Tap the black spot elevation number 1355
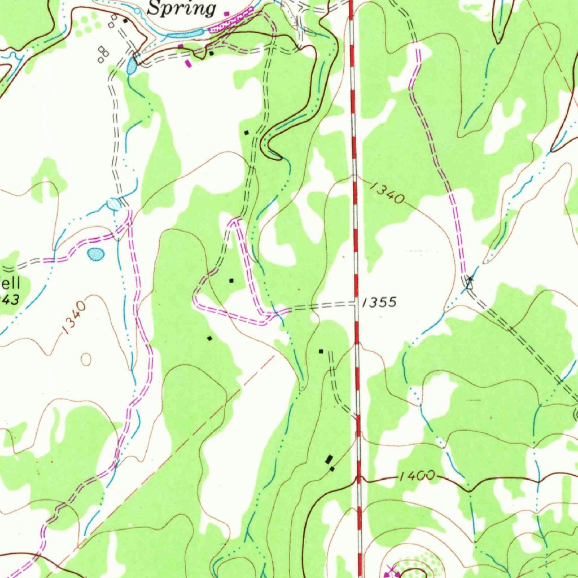click(x=379, y=302)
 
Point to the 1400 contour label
click(x=417, y=476)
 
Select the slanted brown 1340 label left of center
click(x=75, y=317)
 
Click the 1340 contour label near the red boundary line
click(x=388, y=192)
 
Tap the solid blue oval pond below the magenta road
click(x=96, y=255)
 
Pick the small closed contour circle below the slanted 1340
click(x=86, y=358)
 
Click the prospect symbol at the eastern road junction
click(x=468, y=281)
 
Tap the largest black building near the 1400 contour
click(x=330, y=459)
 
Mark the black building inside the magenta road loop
click(x=230, y=280)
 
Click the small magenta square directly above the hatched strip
click(x=226, y=13)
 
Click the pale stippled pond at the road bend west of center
click(x=114, y=204)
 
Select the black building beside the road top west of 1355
click(x=321, y=351)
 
